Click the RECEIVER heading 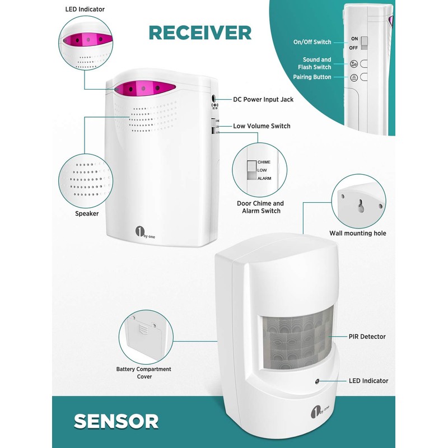(x=199, y=33)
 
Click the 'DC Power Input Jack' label (x=263, y=100)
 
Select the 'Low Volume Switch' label (x=262, y=127)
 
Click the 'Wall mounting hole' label (x=358, y=233)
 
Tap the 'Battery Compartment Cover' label (x=144, y=373)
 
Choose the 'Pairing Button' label (x=312, y=77)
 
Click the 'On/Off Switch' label (x=312, y=42)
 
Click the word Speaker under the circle (x=87, y=213)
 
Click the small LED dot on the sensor (x=317, y=381)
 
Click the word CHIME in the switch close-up (x=264, y=162)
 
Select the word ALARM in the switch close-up (x=264, y=178)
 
